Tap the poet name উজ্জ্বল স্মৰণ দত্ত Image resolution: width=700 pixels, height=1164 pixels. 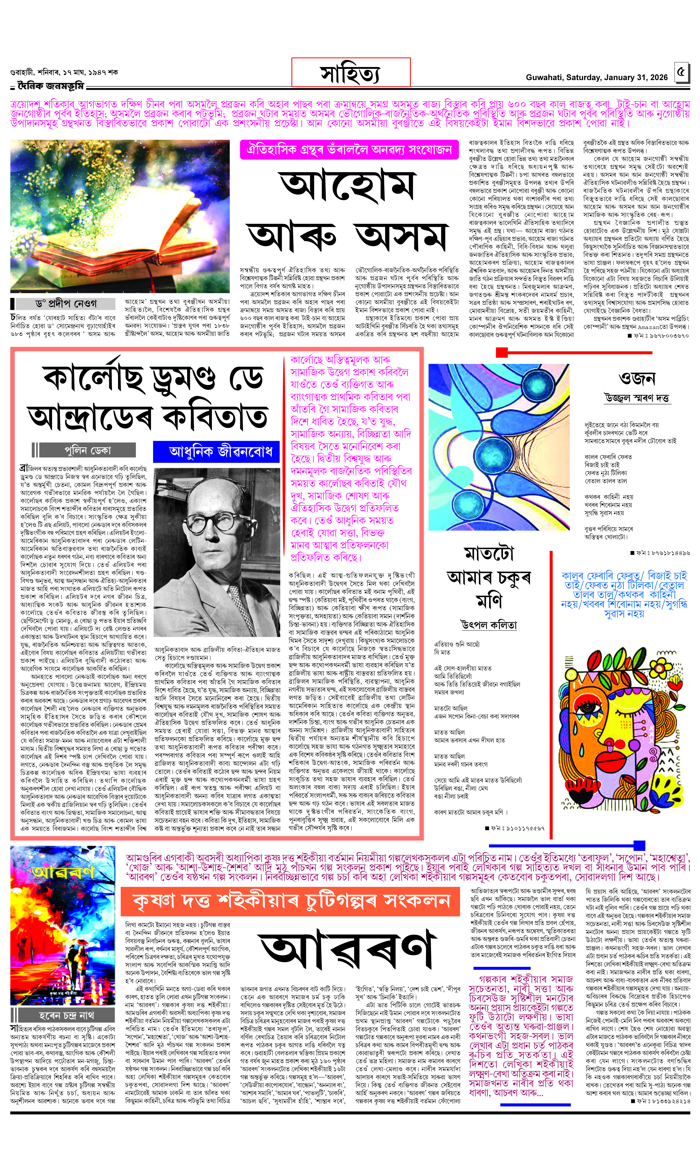[637, 398]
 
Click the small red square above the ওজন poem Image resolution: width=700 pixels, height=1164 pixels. [501, 352]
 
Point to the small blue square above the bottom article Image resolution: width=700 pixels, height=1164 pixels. [639, 845]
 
